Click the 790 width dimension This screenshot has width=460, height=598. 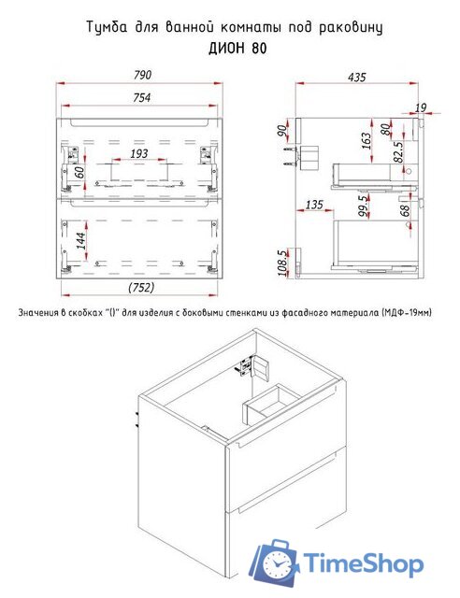(142, 75)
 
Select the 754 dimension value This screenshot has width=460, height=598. (141, 98)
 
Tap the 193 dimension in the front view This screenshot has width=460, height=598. (138, 153)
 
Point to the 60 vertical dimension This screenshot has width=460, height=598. (79, 173)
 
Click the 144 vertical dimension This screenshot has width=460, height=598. (81, 241)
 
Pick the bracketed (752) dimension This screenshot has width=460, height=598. (141, 287)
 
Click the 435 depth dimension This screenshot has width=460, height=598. (356, 78)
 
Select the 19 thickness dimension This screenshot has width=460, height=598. (421, 107)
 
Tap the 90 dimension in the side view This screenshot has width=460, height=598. (281, 132)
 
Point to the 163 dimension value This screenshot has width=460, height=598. (366, 141)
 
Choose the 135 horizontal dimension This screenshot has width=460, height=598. (314, 205)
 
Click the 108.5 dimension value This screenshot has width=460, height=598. (281, 263)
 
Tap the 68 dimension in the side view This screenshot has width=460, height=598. (405, 210)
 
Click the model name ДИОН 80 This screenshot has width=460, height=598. (237, 49)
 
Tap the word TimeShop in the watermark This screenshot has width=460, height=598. (363, 563)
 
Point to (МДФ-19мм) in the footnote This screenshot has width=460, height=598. (406, 313)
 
